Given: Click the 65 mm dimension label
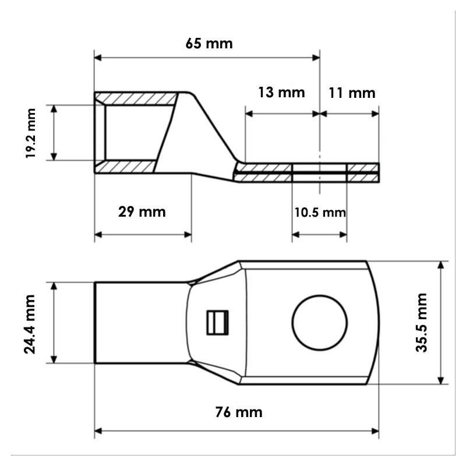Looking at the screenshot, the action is click(x=209, y=44).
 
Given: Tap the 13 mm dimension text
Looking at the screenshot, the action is click(x=281, y=92).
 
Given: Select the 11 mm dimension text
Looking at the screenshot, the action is click(x=352, y=93).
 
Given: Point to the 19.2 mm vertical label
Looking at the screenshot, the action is click(x=30, y=133).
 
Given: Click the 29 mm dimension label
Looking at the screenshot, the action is click(x=142, y=212).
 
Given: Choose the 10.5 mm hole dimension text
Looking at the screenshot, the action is click(x=320, y=213).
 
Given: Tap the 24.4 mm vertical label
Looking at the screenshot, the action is click(x=30, y=324).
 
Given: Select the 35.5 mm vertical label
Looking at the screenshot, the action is click(x=421, y=323).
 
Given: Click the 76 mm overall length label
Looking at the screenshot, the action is click(x=239, y=412).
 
